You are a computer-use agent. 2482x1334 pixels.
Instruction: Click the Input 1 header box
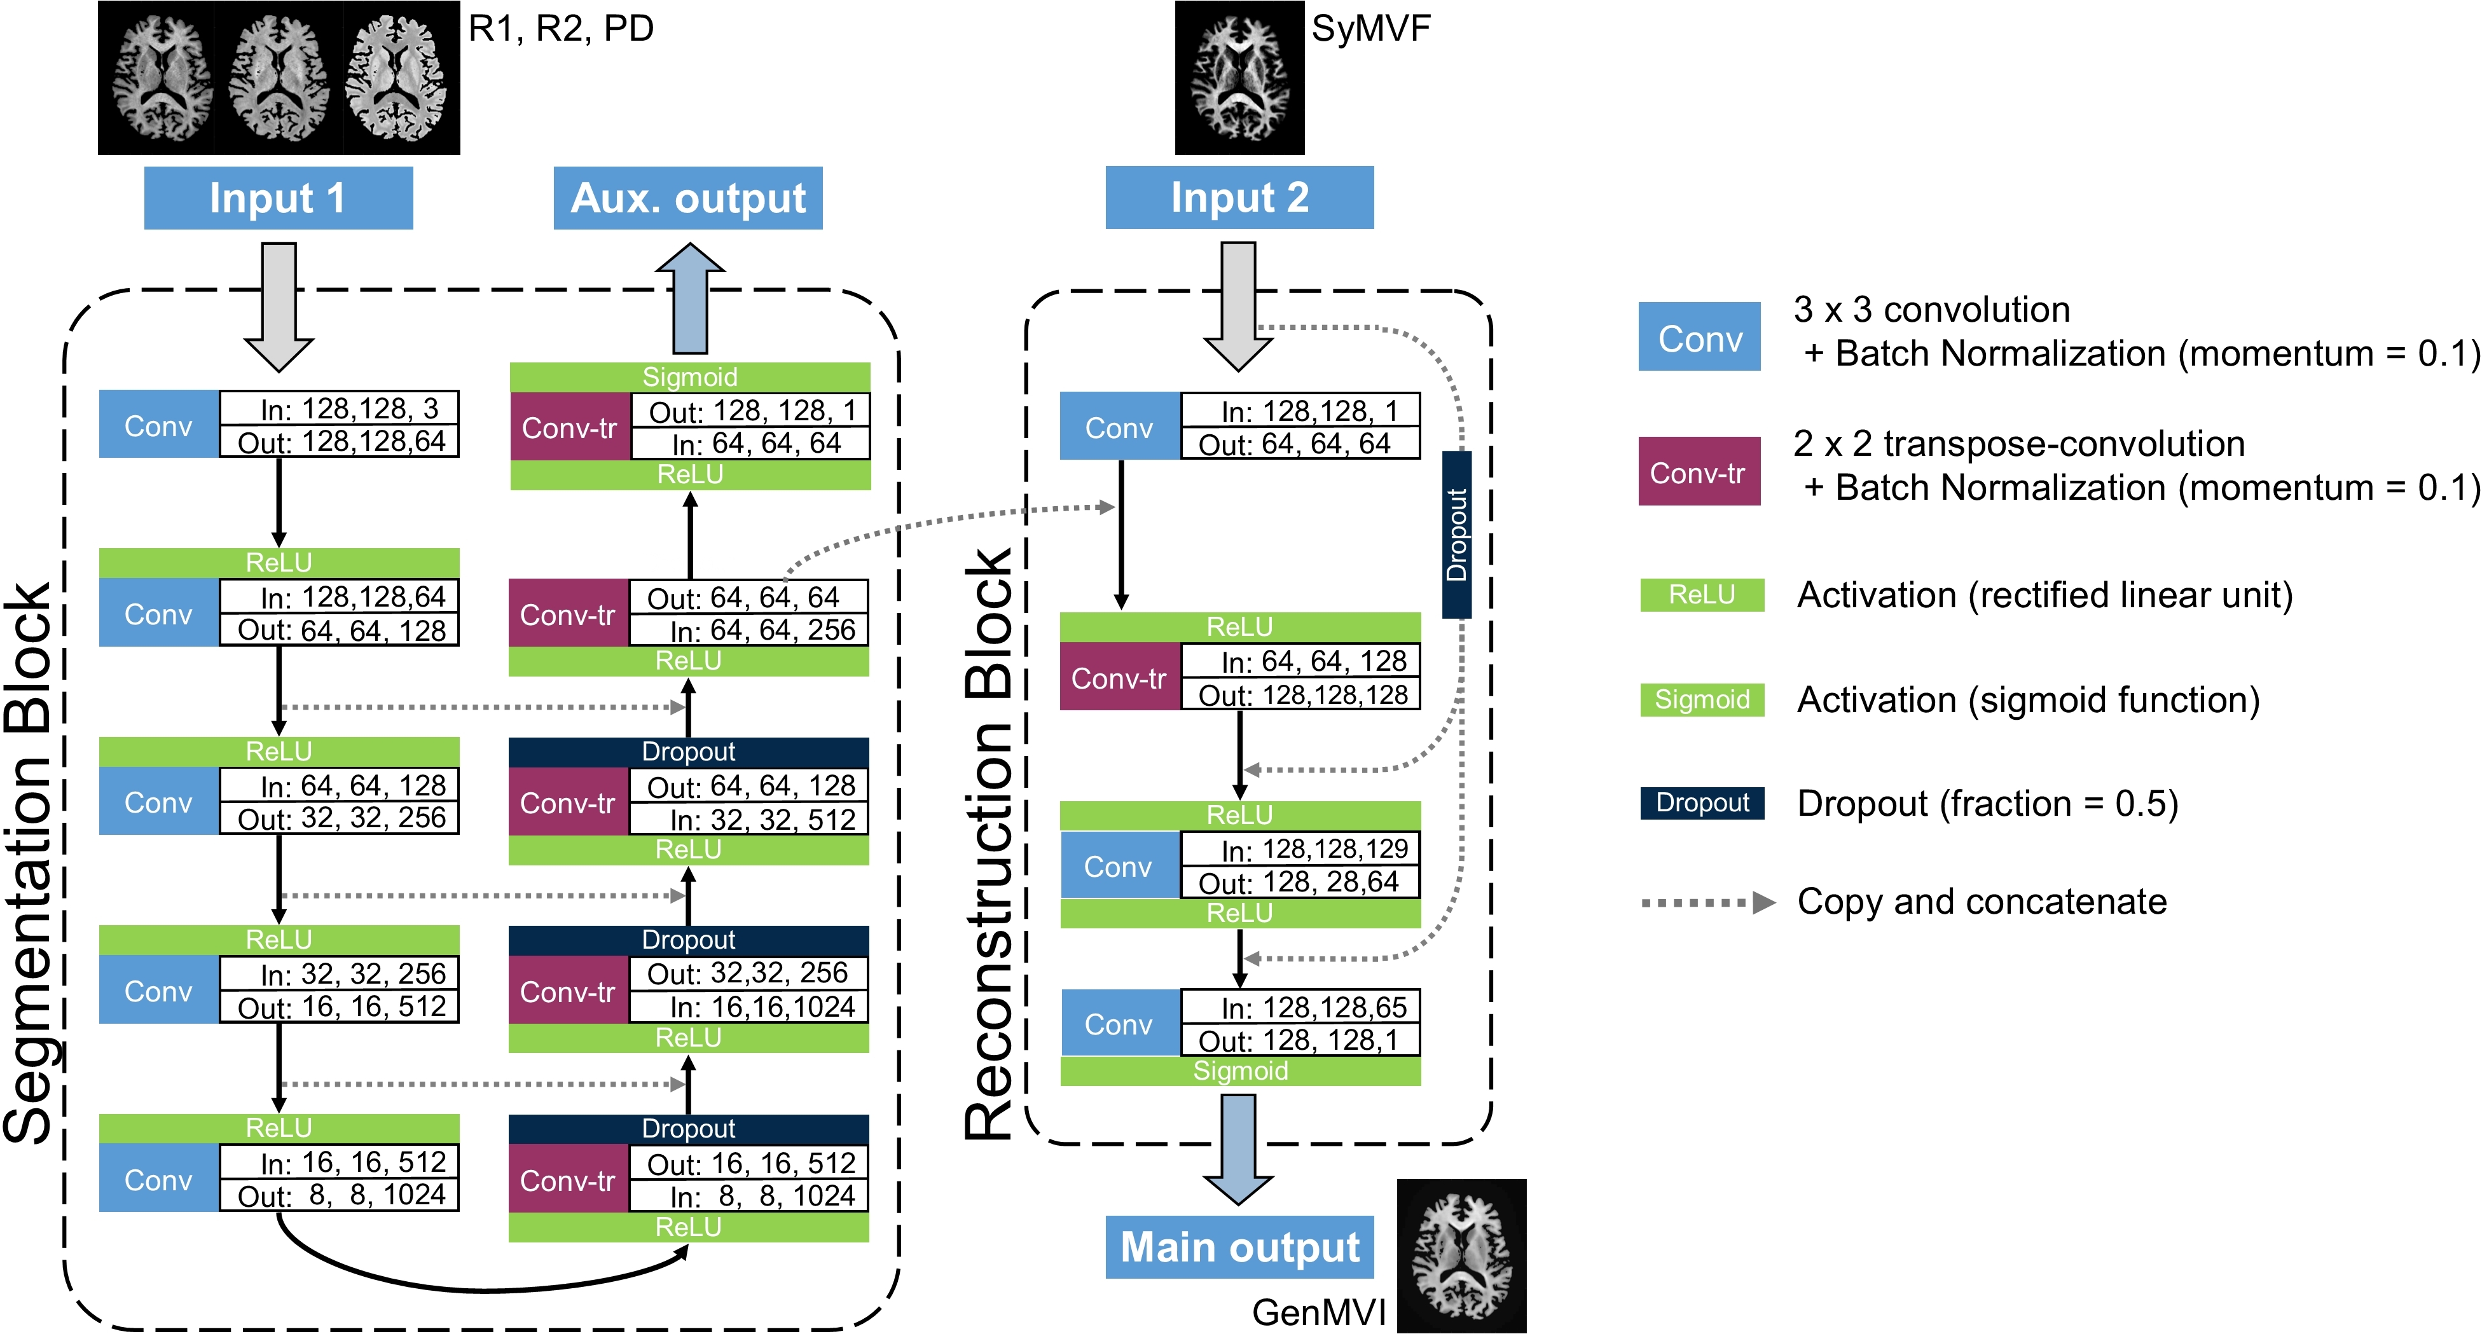[x=279, y=198]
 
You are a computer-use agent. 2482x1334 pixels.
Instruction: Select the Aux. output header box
[x=688, y=198]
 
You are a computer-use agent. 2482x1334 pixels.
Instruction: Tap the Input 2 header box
[x=1239, y=198]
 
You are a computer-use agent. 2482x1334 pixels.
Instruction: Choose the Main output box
[x=1239, y=1248]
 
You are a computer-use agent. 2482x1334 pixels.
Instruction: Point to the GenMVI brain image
[x=1461, y=1256]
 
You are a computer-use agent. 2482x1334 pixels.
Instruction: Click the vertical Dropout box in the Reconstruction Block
[x=1457, y=535]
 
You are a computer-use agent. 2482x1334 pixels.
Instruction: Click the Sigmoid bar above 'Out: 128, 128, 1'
[x=690, y=376]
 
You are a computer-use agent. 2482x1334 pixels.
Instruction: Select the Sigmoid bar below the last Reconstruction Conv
[x=1240, y=1071]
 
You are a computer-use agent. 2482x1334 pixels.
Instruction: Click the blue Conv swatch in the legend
[x=1700, y=337]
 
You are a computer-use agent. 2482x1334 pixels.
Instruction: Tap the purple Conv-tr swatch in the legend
[x=1700, y=472]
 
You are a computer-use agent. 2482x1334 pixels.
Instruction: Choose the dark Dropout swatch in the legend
[x=1702, y=803]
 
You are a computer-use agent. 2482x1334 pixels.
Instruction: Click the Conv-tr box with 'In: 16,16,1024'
[x=569, y=991]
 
